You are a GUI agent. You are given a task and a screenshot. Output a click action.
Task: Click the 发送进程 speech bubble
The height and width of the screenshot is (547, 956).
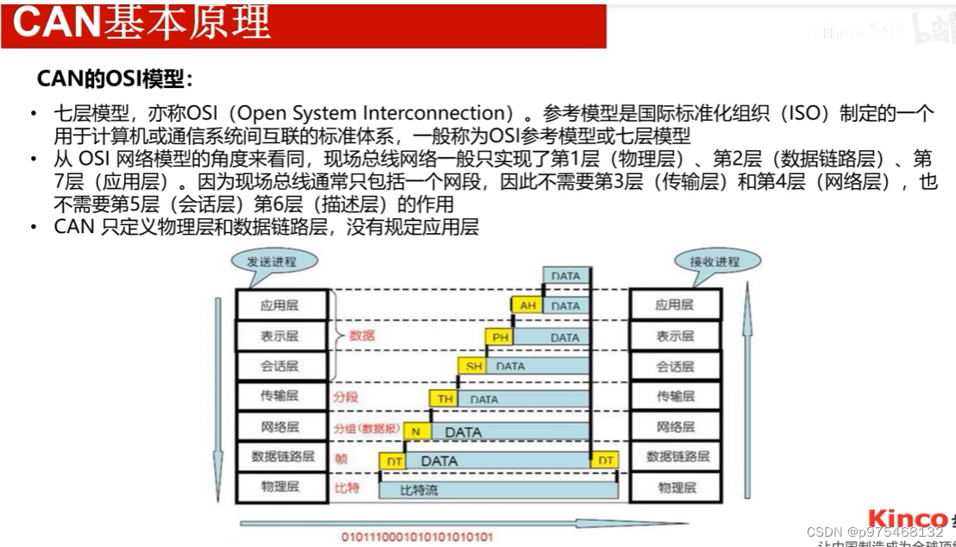tap(270, 261)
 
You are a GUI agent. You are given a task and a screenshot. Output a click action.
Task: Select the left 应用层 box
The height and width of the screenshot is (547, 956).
tap(280, 305)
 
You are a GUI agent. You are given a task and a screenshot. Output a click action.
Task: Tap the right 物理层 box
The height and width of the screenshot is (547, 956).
tap(676, 487)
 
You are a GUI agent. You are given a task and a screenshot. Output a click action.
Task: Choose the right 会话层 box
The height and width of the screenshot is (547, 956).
tap(676, 367)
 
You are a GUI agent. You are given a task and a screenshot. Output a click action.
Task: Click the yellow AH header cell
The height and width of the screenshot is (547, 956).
tap(528, 305)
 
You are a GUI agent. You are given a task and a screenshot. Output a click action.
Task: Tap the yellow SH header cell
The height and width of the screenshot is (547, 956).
tap(474, 366)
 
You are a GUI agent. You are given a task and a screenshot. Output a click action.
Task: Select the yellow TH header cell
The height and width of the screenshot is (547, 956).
tap(445, 399)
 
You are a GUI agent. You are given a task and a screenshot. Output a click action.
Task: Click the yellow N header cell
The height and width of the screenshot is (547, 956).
tap(416, 431)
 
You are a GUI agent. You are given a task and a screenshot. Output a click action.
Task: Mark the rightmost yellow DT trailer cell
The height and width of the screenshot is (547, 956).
tap(606, 461)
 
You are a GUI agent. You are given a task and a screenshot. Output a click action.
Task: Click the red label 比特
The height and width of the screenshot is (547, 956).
tap(346, 488)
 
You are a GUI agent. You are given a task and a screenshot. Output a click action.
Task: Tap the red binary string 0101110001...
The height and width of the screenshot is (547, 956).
tap(418, 537)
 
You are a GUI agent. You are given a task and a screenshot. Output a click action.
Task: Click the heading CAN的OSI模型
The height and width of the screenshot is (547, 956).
tap(115, 79)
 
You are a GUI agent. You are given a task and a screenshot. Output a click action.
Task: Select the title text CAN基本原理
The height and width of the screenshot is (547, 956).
tap(142, 23)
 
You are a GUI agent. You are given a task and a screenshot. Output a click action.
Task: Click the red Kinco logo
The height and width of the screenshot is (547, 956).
tap(907, 519)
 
